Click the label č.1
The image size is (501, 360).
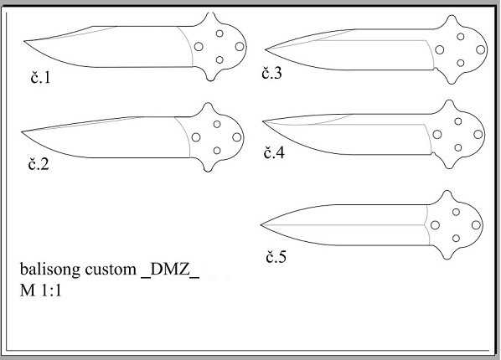40,78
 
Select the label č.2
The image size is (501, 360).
39,164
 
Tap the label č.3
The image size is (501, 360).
272,73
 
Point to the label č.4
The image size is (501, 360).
274,152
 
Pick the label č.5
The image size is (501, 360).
276,257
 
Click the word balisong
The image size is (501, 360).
50,270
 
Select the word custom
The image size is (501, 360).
111,270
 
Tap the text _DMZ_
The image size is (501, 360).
170,270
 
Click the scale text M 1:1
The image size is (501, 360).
40,291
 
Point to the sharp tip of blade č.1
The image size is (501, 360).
24,41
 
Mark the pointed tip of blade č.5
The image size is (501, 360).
261,225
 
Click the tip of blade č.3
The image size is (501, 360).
266,49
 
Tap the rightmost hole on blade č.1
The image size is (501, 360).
240,47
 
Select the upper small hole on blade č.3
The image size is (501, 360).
461,36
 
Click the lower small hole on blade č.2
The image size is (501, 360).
217,151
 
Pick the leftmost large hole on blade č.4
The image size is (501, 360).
437,135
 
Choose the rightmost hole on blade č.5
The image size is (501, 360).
476,225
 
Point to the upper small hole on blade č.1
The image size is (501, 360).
220,33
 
